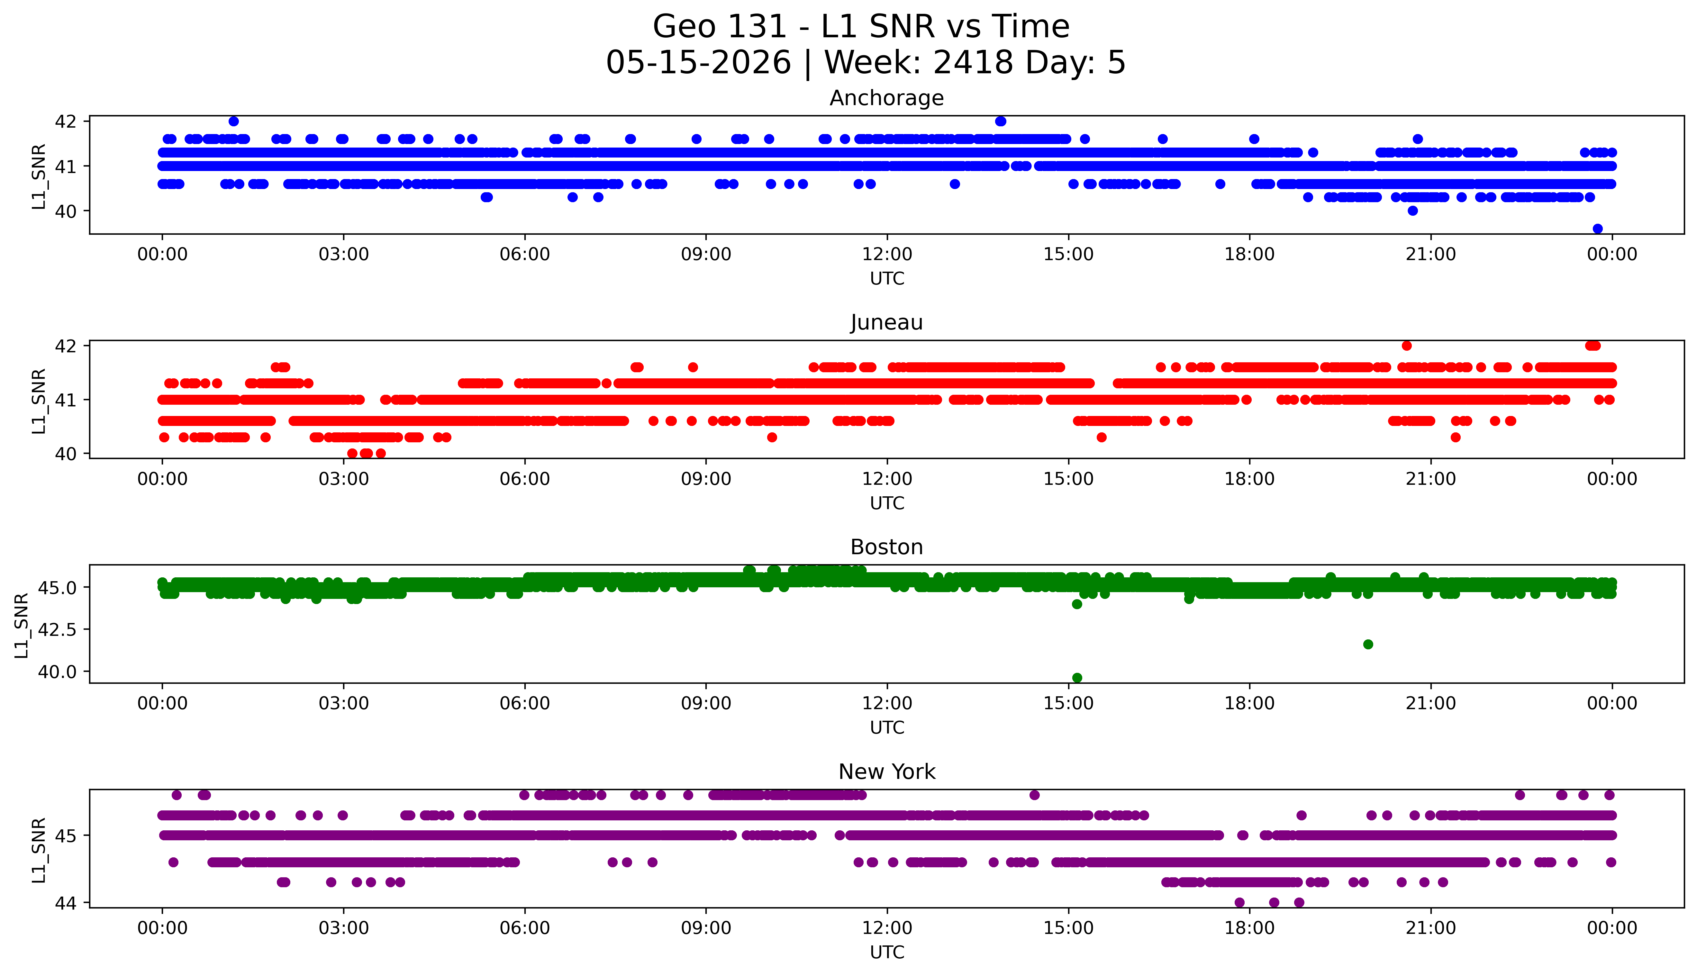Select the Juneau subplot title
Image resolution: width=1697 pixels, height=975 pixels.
(x=887, y=323)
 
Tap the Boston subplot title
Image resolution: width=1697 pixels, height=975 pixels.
(x=887, y=547)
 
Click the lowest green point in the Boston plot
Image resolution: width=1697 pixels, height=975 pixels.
(x=1077, y=678)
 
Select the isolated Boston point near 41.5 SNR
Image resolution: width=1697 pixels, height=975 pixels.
(x=1368, y=644)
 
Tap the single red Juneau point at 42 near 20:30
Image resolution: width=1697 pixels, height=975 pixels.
(x=1406, y=346)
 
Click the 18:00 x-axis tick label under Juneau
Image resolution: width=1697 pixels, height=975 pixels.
(x=1250, y=479)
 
